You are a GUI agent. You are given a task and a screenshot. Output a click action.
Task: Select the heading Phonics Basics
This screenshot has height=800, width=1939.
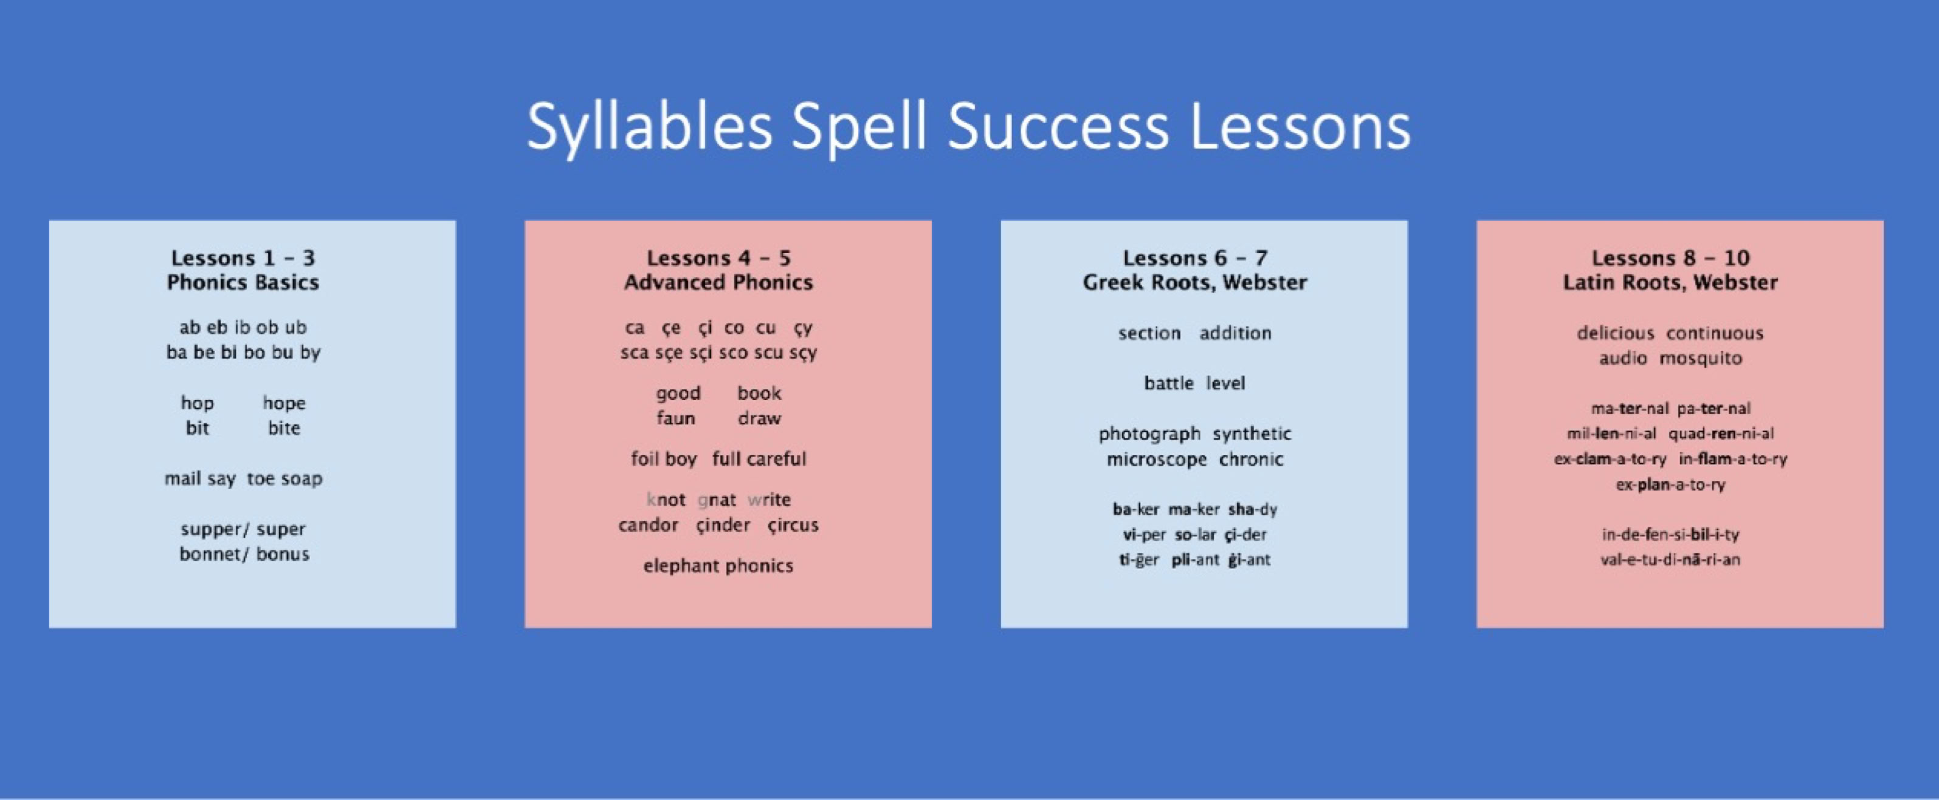[x=243, y=283]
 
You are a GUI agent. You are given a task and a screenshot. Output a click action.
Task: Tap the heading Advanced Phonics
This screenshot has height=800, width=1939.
[x=718, y=283]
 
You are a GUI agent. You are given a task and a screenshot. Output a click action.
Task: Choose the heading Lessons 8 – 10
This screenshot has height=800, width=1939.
[x=1670, y=258]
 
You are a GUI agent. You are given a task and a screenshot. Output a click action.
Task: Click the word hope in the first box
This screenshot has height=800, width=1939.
[x=284, y=404]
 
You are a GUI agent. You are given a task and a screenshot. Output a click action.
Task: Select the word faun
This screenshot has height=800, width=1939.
[x=675, y=418]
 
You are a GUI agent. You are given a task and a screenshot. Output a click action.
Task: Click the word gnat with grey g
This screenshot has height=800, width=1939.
[x=717, y=500]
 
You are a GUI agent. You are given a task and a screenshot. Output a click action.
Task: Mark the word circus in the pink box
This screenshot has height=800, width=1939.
[x=793, y=525]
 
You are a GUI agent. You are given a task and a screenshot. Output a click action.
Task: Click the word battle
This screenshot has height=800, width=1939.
[x=1168, y=384]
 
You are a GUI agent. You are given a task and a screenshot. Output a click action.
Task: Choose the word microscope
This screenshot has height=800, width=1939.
[x=1156, y=460]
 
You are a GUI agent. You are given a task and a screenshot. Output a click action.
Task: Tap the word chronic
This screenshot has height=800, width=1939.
[x=1250, y=460]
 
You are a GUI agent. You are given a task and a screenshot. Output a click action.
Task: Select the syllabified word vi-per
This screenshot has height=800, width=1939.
[x=1144, y=535]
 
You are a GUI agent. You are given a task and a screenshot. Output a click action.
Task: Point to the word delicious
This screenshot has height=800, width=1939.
[x=1616, y=333]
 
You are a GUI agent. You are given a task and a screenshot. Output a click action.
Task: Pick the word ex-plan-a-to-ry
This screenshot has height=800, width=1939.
[x=1670, y=484]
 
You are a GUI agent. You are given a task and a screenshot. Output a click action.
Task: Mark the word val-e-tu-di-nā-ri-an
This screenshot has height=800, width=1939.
[x=1670, y=560]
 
